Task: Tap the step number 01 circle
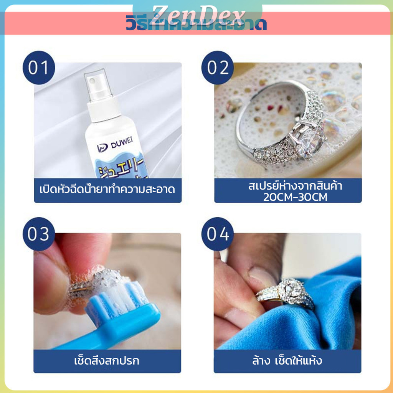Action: [39, 68]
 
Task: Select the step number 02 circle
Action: [218, 68]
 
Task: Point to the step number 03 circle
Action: [39, 234]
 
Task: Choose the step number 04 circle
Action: [218, 234]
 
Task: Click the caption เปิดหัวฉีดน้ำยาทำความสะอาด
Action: [107, 189]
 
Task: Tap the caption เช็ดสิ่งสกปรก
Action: [106, 361]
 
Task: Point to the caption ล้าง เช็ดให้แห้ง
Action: [287, 361]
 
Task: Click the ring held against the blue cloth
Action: [286, 294]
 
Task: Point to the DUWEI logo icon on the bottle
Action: [101, 148]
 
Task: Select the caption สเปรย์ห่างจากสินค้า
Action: [295, 187]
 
